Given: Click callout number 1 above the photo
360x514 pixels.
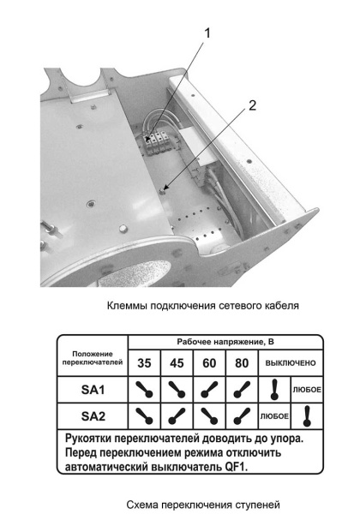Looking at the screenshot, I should click(x=206, y=34).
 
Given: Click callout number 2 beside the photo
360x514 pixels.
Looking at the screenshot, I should click(x=251, y=105).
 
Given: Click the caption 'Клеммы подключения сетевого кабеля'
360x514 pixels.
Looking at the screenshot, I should click(x=202, y=305).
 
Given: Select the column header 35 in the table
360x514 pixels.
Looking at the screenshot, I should click(x=145, y=362).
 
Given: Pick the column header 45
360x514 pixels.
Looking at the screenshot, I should click(x=177, y=362).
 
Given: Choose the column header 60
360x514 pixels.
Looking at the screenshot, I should click(x=209, y=362).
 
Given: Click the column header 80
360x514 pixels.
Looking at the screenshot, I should click(x=241, y=362).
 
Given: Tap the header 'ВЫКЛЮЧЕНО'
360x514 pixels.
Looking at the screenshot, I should click(x=291, y=362).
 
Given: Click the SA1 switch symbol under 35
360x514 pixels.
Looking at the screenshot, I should click(x=145, y=390).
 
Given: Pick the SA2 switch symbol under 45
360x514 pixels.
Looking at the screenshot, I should click(x=177, y=417).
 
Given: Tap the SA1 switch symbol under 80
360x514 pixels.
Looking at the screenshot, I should click(x=241, y=390).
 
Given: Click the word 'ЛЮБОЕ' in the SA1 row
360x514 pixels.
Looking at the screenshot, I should click(x=307, y=390).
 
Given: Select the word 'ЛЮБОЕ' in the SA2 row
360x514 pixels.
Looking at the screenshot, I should click(x=274, y=417).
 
